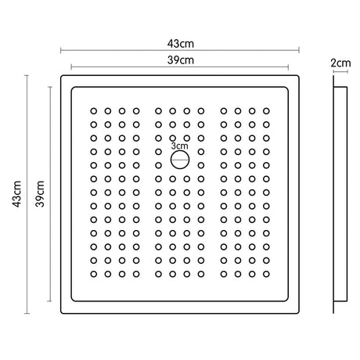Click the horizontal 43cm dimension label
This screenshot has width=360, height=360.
[x=181, y=44]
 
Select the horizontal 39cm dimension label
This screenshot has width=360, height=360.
[x=181, y=60]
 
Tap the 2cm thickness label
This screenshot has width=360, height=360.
[x=340, y=63]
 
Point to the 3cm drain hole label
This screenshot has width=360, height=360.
[x=179, y=146]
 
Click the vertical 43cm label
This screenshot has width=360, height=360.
[x=17, y=194]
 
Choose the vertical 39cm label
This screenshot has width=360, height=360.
[x=40, y=194]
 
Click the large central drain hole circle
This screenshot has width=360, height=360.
[x=180, y=160]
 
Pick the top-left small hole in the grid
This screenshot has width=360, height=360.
[x=94, y=111]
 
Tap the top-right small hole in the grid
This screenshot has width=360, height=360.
[x=266, y=111]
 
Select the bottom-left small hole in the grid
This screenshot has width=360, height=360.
[x=94, y=274]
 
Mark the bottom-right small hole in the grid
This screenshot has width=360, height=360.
[x=266, y=274]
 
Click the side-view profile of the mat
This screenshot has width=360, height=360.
[x=340, y=194]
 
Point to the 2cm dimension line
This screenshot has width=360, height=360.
[x=340, y=71]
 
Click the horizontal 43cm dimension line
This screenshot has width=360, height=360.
[x=180, y=50]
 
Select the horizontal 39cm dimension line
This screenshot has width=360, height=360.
[x=180, y=67]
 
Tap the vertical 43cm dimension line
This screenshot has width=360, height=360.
[x=27, y=194]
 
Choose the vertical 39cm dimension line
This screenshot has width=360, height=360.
[x=50, y=194]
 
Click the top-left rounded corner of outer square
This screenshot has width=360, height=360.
[x=62, y=76]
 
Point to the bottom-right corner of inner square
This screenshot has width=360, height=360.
[x=287, y=301]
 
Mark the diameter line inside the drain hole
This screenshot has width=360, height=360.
[x=180, y=160]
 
